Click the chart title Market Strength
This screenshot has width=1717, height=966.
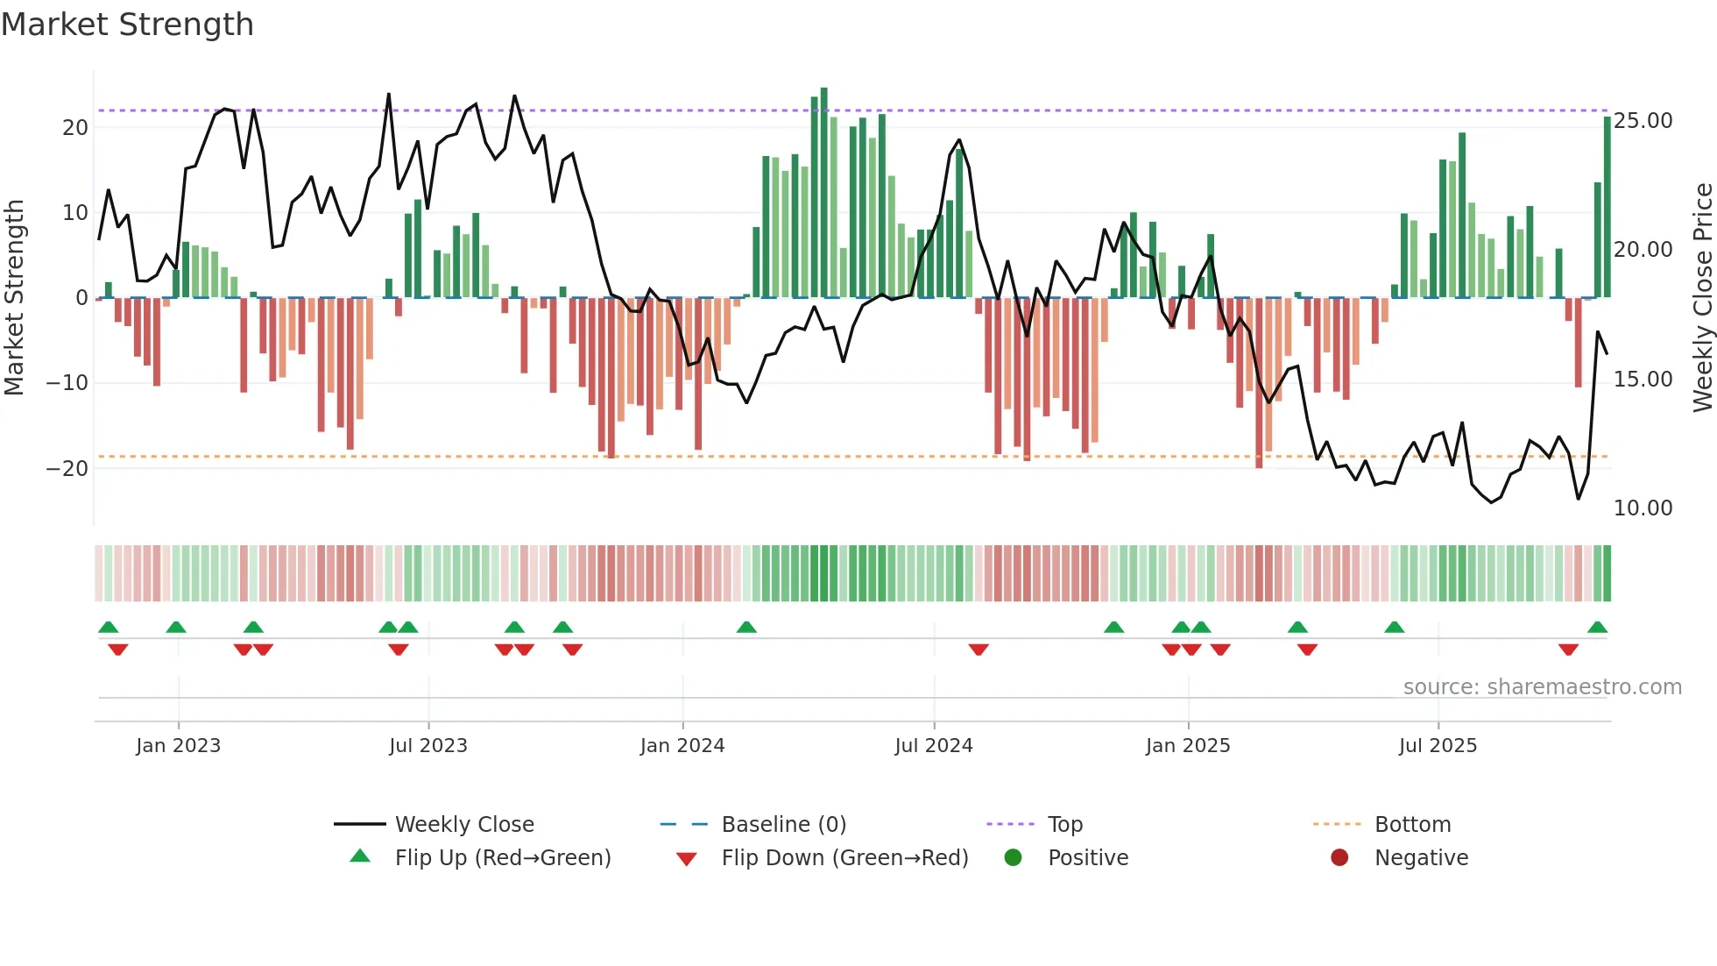(127, 25)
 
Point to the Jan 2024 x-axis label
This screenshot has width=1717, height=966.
(682, 746)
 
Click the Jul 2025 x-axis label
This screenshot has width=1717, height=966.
(1438, 746)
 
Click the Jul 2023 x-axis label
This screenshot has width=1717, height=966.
(428, 746)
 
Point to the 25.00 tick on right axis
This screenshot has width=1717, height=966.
(1643, 121)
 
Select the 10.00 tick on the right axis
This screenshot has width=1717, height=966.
(1643, 508)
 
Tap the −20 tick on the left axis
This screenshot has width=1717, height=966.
(67, 469)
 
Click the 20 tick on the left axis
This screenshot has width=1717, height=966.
(75, 128)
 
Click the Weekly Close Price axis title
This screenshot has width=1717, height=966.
(1702, 297)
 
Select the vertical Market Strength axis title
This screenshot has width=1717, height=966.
(14, 297)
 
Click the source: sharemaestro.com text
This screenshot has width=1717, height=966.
(1542, 687)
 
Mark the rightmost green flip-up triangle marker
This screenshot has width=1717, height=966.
(1597, 628)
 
